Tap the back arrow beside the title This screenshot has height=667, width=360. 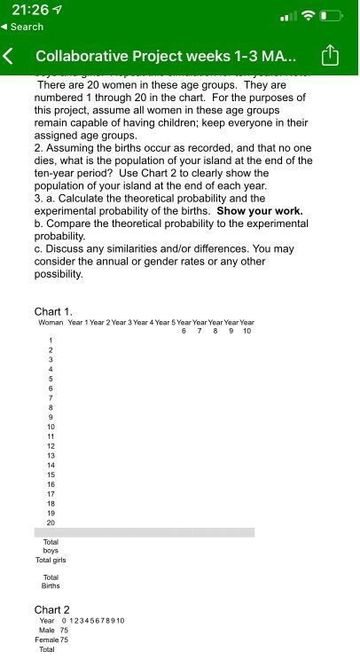coord(11,56)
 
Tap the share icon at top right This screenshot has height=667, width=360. coord(330,56)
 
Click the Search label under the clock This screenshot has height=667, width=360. coord(27,27)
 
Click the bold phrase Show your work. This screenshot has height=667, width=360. coord(260,211)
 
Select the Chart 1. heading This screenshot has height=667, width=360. coord(54,311)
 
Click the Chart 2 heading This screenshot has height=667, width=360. coord(52,609)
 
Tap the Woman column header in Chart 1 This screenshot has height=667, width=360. coord(51,322)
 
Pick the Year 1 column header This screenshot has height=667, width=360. coord(78,322)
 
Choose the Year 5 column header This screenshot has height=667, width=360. coord(165,322)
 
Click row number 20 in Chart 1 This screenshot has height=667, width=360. coord(51,522)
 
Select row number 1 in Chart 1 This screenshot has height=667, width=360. coord(51,341)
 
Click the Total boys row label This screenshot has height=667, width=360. coord(51,545)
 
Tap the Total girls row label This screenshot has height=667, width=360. coord(51,560)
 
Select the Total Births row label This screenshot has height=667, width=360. coord(51,581)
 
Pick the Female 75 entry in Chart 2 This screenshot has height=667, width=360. coord(51,640)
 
